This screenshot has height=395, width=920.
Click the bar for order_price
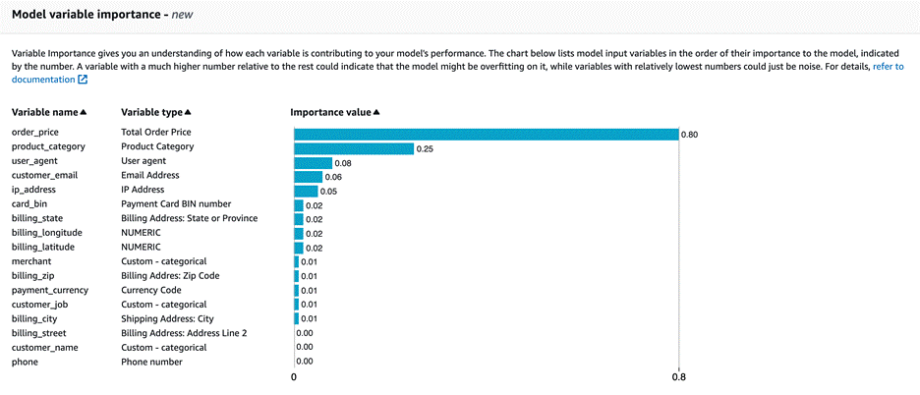pos(487,134)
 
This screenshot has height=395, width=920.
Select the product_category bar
pos(354,148)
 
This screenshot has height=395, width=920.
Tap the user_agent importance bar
pos(314,163)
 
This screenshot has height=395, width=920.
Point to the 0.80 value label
pos(691,135)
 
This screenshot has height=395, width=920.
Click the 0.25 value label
pos(426,149)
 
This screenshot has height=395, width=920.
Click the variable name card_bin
pos(29,204)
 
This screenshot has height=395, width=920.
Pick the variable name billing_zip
pos(33,276)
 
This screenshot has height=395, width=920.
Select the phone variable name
pos(25,363)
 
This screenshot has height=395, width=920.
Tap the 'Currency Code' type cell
pos(150,291)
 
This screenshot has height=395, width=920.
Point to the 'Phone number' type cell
pos(151,363)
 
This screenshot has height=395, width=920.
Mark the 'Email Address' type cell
pos(150,176)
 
